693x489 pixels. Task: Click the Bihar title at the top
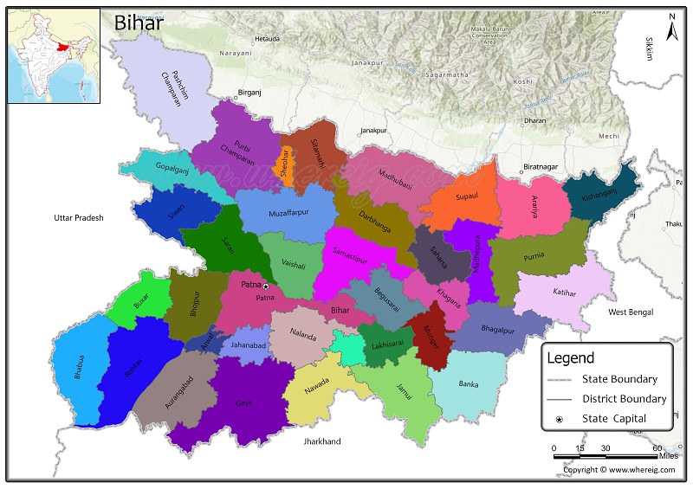[139, 23]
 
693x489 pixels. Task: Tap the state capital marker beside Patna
[266, 286]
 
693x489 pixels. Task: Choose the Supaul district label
[467, 196]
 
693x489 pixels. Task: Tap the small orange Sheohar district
[282, 164]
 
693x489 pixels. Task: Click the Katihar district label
[564, 293]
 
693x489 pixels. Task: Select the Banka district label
[468, 383]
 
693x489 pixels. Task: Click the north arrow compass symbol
[670, 30]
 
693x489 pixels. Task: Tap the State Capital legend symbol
[560, 419]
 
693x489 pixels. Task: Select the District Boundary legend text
[624, 399]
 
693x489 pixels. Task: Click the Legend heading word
[570, 357]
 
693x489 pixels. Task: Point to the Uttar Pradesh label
[78, 218]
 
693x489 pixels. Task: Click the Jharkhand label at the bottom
[321, 441]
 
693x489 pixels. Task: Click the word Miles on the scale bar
[668, 456]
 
